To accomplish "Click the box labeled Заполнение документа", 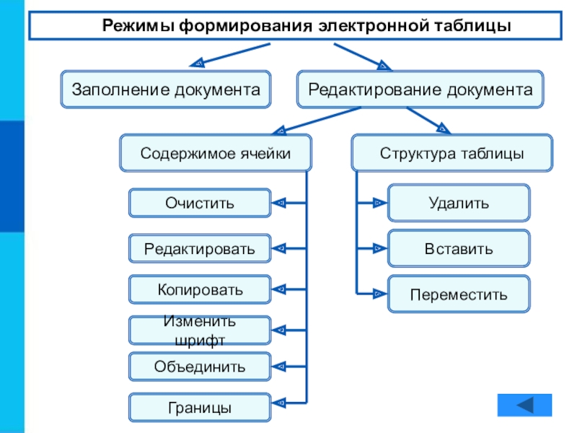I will pyautogui.click(x=165, y=89).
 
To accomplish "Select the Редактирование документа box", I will pyautogui.click(x=420, y=89).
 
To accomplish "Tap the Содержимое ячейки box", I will pyautogui.click(x=216, y=154).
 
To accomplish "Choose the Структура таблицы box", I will pyautogui.click(x=452, y=154).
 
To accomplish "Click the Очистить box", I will pyautogui.click(x=200, y=203).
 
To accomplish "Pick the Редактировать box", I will pyautogui.click(x=200, y=249).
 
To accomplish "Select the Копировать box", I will pyautogui.click(x=200, y=289).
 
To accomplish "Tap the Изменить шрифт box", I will pyautogui.click(x=200, y=330).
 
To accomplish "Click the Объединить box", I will pyautogui.click(x=200, y=367).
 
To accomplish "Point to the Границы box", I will pyautogui.click(x=200, y=407).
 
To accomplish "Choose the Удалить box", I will pyautogui.click(x=459, y=203).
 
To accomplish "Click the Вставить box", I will pyautogui.click(x=459, y=249).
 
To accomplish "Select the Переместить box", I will pyautogui.click(x=459, y=294).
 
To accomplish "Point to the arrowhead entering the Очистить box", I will pyautogui.click(x=279, y=203).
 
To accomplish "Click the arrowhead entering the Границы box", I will pyautogui.click(x=279, y=401).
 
